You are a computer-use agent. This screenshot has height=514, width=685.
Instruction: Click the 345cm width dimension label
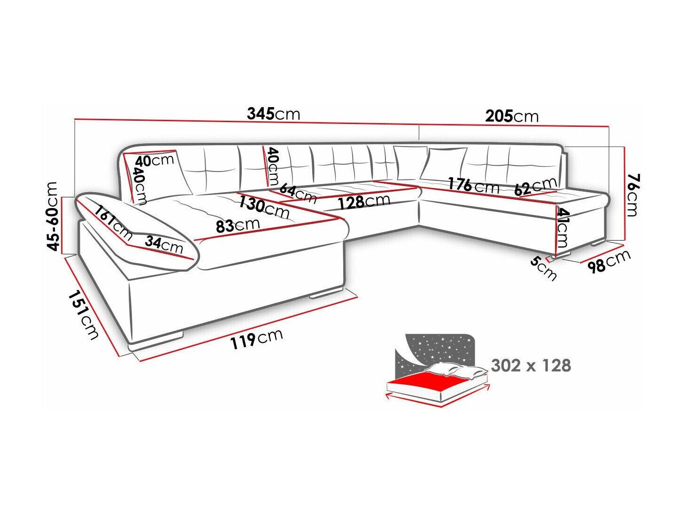pos(273,114)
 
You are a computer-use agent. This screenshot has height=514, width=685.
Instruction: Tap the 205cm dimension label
pos(512,116)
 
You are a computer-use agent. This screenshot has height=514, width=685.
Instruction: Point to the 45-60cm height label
pos(56,217)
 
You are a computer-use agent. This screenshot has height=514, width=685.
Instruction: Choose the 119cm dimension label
pos(256,339)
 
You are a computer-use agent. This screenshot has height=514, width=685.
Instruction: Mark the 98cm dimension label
pos(609,262)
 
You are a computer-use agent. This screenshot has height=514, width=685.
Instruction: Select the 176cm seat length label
pos(473,185)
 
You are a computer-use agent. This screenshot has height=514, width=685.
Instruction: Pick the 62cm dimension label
pos(535,187)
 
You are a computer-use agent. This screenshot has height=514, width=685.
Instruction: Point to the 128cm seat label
pos(363,201)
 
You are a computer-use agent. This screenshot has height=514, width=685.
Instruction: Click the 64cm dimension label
pos(298,193)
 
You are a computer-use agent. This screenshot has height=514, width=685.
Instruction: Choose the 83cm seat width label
pos(238,225)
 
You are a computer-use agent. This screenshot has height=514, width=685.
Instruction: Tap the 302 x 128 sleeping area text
pos(531,365)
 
